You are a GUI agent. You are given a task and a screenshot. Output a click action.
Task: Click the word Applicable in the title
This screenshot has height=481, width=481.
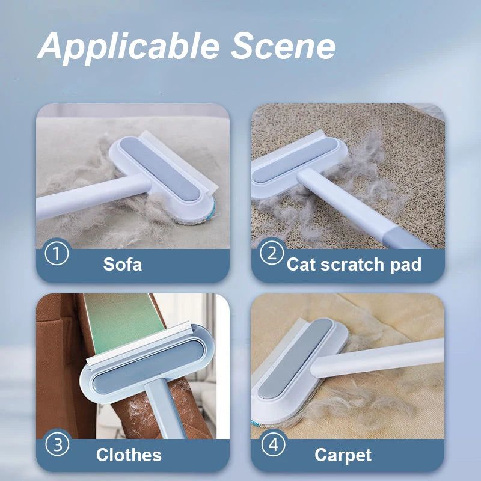tap(128, 47)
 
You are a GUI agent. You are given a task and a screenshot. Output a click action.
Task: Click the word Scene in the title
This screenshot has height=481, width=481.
tap(283, 46)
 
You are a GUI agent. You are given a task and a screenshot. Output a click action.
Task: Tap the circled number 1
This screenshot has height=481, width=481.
tap(57, 254)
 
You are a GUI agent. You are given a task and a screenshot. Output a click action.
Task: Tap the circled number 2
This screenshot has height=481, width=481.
tap(272, 253)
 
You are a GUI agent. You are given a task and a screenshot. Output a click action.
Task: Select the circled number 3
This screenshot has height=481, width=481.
tap(57, 444)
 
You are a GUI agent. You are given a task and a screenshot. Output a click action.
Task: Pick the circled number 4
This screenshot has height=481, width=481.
tap(274, 444)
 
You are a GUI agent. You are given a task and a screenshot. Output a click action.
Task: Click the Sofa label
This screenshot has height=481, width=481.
tap(123, 264)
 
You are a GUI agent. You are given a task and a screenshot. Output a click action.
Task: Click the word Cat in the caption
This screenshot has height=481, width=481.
tap(302, 264)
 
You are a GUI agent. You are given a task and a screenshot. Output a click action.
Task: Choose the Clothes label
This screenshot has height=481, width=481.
tap(129, 455)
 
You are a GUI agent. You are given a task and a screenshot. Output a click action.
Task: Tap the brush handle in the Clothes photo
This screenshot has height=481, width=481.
tap(164, 408)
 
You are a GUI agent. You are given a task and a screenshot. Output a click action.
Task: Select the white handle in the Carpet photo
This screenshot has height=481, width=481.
tap(378, 357)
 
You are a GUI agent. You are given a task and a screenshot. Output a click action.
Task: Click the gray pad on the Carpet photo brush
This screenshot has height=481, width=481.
tap(295, 358)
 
